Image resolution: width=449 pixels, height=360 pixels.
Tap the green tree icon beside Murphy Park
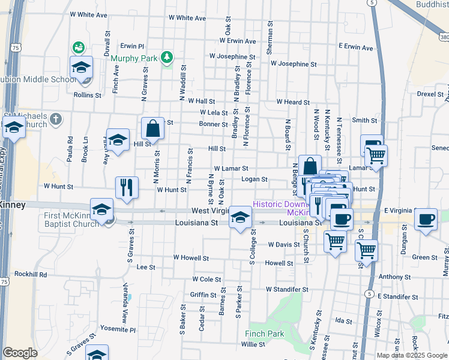[x=167, y=58]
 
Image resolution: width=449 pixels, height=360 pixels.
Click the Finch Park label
[x=264, y=333]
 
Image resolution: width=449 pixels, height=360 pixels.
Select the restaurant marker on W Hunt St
[x=127, y=187]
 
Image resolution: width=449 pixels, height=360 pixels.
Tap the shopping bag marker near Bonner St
[x=153, y=128]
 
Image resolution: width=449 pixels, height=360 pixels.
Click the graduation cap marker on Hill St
[x=118, y=140]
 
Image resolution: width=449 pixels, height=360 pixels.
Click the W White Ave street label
[x=88, y=14]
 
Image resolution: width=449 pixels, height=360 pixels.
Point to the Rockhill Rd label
[x=31, y=274]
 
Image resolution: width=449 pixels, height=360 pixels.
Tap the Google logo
[x=20, y=353]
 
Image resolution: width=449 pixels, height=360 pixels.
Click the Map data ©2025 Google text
[x=411, y=355]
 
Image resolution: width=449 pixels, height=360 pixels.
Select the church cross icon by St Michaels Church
[x=55, y=118]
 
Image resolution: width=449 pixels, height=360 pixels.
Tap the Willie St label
[x=253, y=344]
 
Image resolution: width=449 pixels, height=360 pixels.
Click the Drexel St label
[x=429, y=94]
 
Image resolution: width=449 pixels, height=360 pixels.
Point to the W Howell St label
[x=191, y=257]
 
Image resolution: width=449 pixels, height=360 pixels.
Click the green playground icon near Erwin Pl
[x=77, y=47]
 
